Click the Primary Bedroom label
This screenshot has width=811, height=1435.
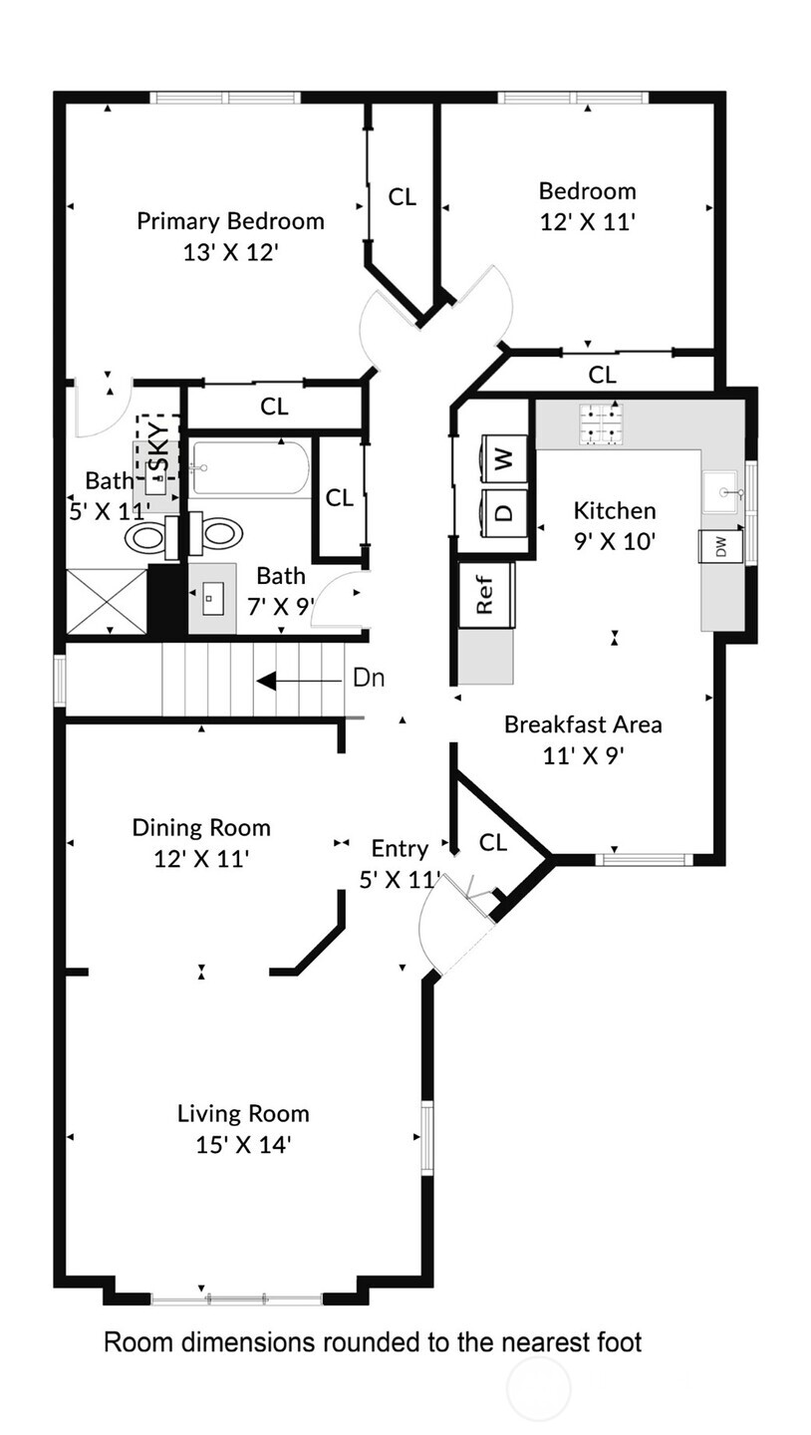coord(230,221)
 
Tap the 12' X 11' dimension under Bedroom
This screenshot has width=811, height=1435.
coord(588,222)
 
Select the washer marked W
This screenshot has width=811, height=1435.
coord(505,457)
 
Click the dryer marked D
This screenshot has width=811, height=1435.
coord(505,512)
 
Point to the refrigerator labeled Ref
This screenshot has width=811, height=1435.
coord(486,595)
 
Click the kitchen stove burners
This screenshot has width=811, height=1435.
coord(602,425)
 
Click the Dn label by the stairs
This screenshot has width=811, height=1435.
coord(369,678)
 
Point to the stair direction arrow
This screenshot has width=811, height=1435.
coord(299,680)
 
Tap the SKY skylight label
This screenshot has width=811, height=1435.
coord(160,449)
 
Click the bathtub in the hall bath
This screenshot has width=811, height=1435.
coord(249,468)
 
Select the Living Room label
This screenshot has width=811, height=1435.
coord(243,1113)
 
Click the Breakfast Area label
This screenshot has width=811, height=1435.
coord(583,724)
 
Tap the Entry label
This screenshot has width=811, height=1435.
coord(400,849)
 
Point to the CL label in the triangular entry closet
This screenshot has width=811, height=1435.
coord(492,842)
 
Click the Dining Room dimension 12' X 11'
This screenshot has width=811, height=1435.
coord(201,858)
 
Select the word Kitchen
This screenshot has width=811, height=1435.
coord(615,510)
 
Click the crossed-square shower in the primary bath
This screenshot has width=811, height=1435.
coord(107,601)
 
